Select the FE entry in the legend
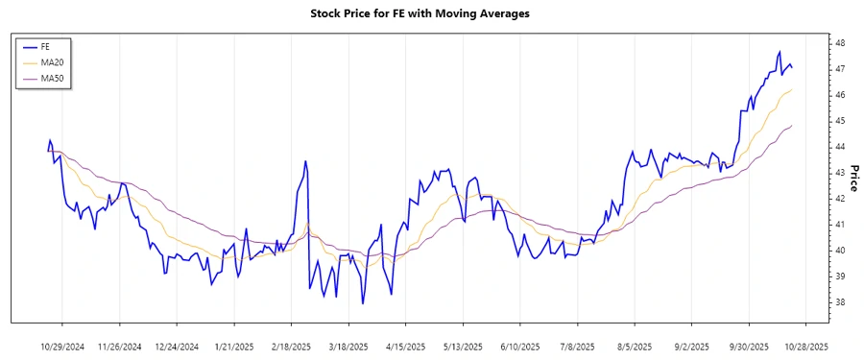point(45,46)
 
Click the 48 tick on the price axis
point(839,44)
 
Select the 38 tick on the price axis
point(839,302)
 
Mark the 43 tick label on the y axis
point(839,173)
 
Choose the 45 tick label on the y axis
point(839,121)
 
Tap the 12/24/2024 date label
point(177,346)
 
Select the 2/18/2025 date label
point(291,346)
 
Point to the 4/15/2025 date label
point(404,346)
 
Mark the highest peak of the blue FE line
point(780,51)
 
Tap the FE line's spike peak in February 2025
point(305,161)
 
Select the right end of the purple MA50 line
point(792,125)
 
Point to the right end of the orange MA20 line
point(792,89)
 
